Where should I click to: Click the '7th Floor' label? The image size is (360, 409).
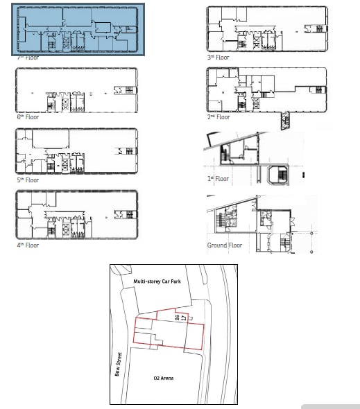[28, 58]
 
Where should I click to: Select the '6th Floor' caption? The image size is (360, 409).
[28, 117]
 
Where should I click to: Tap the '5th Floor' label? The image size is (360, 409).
[28, 180]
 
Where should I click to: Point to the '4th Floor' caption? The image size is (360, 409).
[28, 245]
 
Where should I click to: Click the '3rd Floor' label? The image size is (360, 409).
[218, 58]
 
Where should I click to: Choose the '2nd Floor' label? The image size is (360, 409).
[218, 117]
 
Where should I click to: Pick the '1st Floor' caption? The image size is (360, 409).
[217, 179]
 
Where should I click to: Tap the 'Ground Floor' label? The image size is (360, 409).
[224, 245]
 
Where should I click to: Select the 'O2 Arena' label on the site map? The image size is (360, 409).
[162, 378]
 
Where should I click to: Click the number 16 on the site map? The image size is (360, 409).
[178, 317]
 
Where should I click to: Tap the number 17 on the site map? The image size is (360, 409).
[184, 317]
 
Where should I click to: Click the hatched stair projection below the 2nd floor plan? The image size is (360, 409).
[285, 123]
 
